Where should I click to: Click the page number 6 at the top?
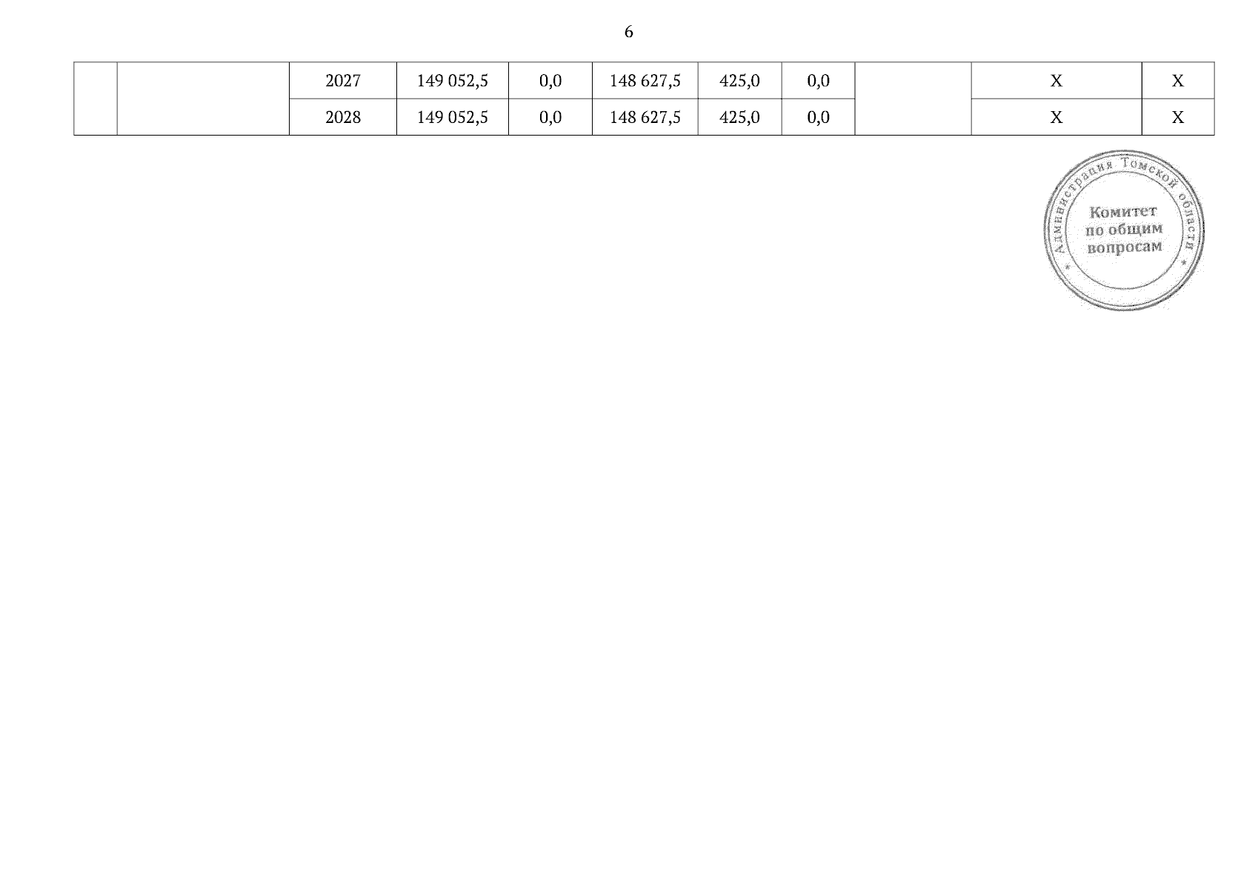[x=628, y=32]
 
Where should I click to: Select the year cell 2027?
[x=342, y=81]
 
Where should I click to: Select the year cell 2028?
[x=342, y=117]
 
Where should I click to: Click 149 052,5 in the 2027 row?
[x=452, y=81]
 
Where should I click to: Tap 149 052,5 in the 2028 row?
[x=452, y=117]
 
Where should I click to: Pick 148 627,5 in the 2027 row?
[x=645, y=81]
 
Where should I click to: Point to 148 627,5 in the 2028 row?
[x=645, y=117]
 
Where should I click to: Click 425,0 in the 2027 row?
[x=739, y=81]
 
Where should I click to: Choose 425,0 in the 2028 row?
[x=739, y=117]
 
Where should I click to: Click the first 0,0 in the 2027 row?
[x=550, y=81]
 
